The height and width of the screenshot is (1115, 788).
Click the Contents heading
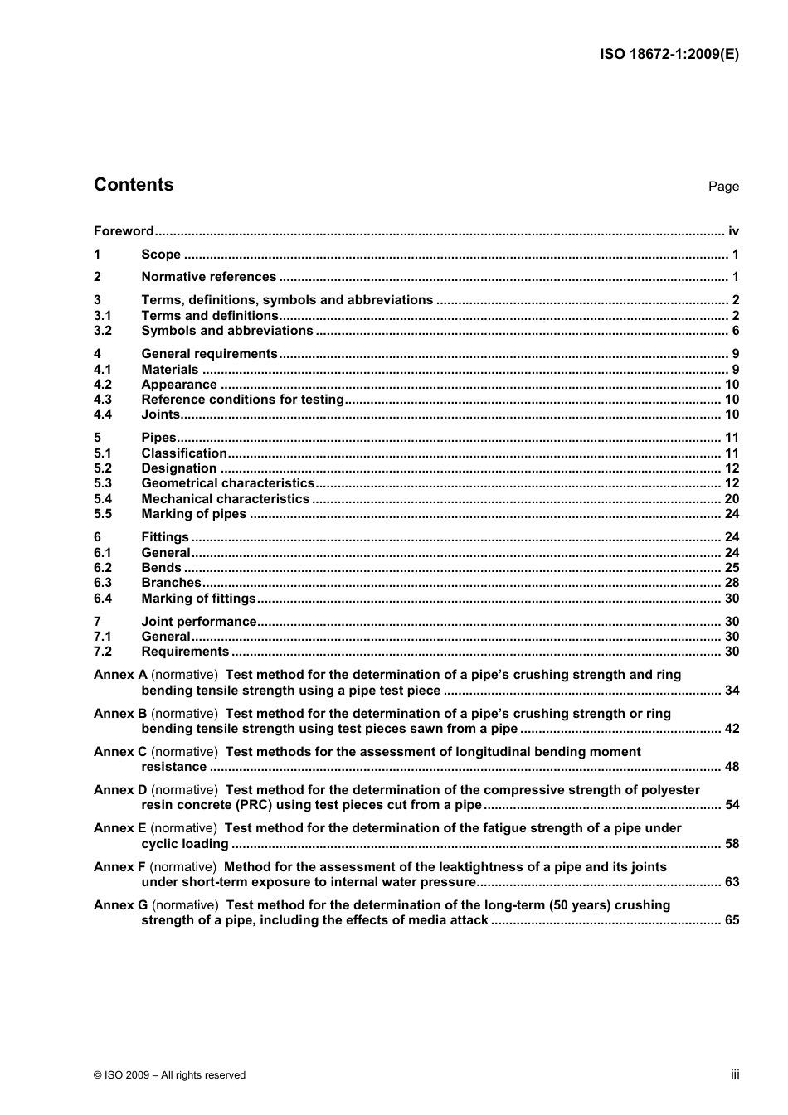pos(134,185)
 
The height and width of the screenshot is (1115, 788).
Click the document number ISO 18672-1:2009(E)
pos(669,55)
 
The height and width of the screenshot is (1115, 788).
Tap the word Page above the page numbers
pos(723,187)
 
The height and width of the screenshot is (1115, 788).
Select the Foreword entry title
pos(124,231)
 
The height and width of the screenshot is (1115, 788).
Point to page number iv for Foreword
pos(733,231)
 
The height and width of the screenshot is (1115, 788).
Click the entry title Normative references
pos(209,277)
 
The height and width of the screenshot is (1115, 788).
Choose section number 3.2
pos(103,331)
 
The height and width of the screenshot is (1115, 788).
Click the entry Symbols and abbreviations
pos(227,331)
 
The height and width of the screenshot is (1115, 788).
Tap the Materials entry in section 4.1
pos(170,370)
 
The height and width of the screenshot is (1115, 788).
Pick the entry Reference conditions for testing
pos(242,400)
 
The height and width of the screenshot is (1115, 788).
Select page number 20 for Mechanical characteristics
pos(732,499)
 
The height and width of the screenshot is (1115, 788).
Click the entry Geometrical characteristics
pos(228,483)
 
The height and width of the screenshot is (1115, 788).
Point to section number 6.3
pos(103,583)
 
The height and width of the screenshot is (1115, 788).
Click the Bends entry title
pos(161,568)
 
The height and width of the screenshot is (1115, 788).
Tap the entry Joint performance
pos(199,622)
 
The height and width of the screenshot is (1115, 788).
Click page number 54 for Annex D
pos(732,805)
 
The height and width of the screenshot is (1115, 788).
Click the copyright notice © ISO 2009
pos(170,1075)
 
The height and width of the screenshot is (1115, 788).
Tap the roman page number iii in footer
pos(735,1074)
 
